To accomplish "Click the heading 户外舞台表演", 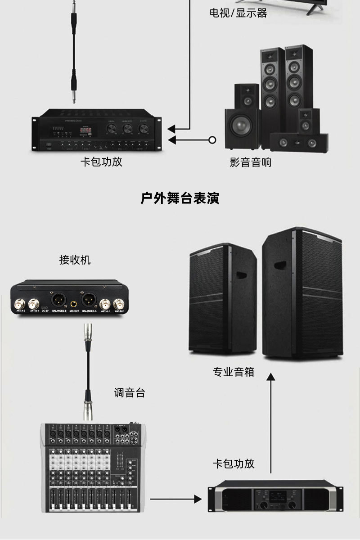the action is click(x=180, y=198).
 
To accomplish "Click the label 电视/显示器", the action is click(x=238, y=13).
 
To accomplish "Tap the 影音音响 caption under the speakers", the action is click(x=251, y=162).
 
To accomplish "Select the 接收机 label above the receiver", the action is click(x=75, y=260).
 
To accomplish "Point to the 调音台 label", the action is click(x=130, y=392).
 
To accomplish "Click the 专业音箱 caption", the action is click(x=234, y=372).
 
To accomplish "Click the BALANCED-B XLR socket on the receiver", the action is click(x=59, y=299).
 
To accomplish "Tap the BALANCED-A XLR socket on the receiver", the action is click(x=89, y=299).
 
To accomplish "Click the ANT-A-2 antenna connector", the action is click(x=20, y=302).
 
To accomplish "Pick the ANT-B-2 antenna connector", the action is click(x=119, y=302).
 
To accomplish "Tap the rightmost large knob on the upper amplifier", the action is click(x=144, y=129).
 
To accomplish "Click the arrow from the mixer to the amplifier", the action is click(x=175, y=499).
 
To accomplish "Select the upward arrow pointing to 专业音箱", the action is click(x=270, y=423).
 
